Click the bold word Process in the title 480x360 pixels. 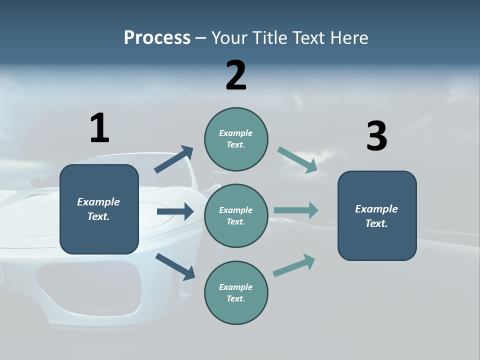click(157, 38)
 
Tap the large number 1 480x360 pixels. click(99, 128)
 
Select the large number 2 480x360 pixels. click(236, 75)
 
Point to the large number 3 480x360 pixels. click(377, 136)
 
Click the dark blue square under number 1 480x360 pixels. click(99, 209)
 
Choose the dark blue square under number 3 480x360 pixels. click(377, 215)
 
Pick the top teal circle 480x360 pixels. click(236, 139)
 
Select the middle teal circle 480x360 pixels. click(236, 215)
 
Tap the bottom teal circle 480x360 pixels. click(236, 292)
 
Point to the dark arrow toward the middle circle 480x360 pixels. click(175, 211)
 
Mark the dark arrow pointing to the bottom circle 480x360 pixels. click(175, 266)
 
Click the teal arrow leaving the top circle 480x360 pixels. click(297, 159)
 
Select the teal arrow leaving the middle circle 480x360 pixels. click(296, 210)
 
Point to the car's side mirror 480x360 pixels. click(36, 181)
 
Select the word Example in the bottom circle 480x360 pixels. click(236, 287)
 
